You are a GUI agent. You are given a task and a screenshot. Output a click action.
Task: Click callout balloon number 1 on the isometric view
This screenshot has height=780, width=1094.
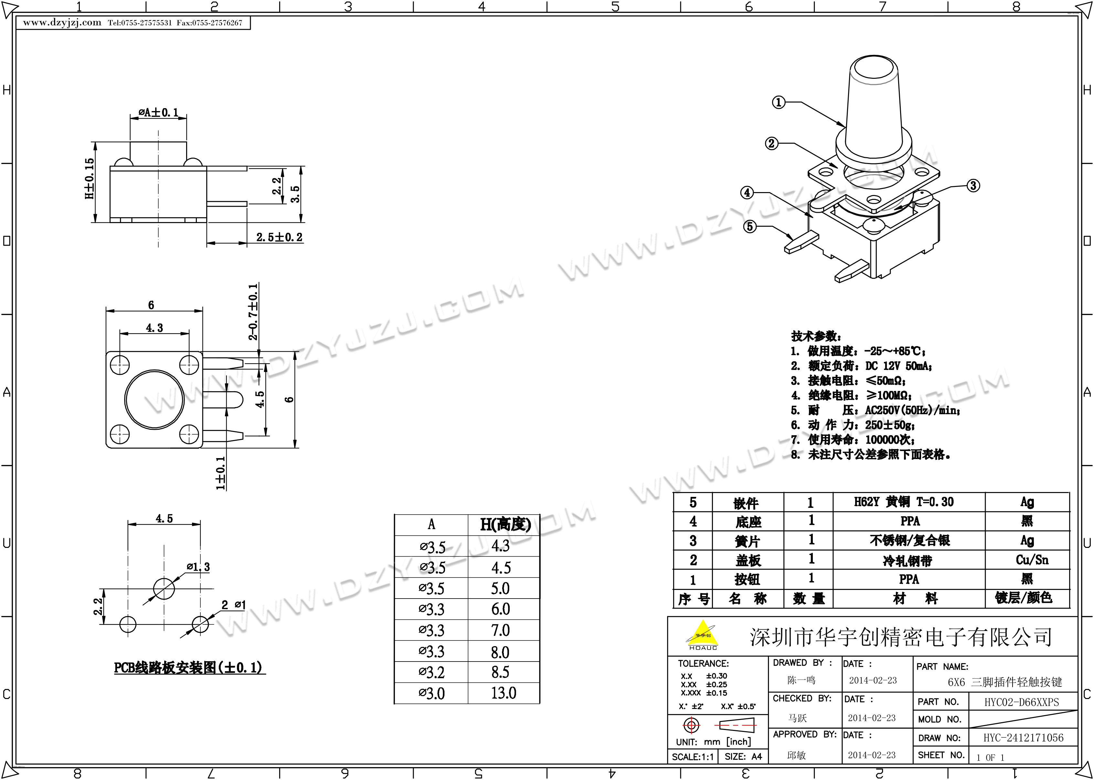(x=778, y=102)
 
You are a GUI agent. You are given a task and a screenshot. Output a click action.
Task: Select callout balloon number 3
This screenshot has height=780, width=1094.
(x=973, y=186)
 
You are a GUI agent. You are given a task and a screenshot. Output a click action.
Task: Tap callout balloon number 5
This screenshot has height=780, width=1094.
(x=750, y=226)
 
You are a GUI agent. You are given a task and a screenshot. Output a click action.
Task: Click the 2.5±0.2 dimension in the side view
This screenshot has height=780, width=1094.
(x=279, y=237)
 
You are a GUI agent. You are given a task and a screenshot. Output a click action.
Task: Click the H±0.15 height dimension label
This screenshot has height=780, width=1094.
(x=90, y=178)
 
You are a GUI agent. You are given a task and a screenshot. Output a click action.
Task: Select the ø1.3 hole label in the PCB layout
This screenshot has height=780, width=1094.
(x=198, y=567)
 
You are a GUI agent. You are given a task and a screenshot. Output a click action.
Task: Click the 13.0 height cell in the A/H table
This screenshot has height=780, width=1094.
(x=503, y=693)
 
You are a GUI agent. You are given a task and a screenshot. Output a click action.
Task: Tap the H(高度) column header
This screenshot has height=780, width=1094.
(x=505, y=525)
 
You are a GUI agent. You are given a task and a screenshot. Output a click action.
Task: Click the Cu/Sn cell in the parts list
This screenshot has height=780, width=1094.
(x=1032, y=559)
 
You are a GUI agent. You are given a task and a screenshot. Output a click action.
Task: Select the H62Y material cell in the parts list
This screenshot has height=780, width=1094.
(x=903, y=502)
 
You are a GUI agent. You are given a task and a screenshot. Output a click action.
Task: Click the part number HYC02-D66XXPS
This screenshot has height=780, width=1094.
(x=1021, y=702)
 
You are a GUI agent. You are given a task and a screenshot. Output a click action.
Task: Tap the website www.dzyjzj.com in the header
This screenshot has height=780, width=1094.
(x=62, y=23)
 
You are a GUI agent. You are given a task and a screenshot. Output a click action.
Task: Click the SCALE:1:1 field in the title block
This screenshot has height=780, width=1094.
(x=692, y=757)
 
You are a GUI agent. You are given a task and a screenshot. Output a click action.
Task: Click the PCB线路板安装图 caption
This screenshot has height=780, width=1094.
(x=188, y=668)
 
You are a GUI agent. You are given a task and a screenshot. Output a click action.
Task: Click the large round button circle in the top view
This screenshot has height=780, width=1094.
(x=154, y=399)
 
